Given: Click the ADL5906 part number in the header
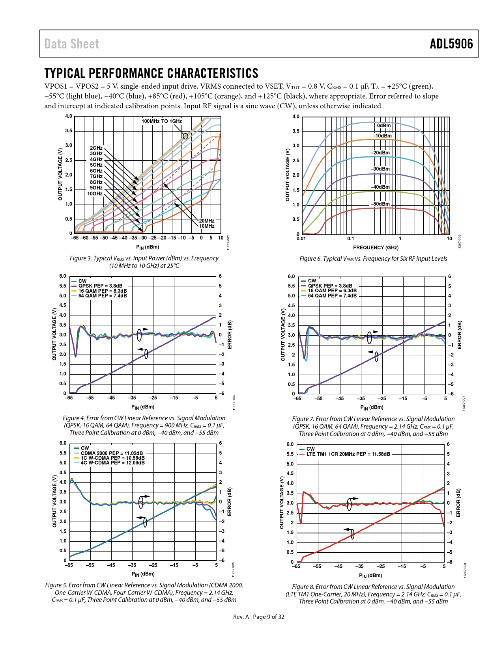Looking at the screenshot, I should click(451, 44).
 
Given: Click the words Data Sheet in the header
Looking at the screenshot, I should click(71, 44).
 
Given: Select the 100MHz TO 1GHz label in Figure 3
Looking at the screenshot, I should click(162, 121).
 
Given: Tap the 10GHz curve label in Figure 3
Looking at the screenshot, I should click(95, 194).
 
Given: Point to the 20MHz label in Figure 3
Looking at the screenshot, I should click(207, 221).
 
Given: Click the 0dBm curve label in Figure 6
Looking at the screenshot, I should click(383, 126).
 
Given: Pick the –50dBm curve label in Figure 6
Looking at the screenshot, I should click(380, 204).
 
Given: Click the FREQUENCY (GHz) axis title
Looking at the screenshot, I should click(376, 248).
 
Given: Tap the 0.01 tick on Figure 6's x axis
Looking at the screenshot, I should click(301, 239).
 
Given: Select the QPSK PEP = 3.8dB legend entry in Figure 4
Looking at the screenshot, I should click(100, 286).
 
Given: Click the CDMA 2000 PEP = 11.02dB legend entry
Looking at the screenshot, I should click(112, 453).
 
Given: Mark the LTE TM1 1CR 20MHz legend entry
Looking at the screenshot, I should click(348, 454).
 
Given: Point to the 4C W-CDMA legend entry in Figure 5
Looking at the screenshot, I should click(112, 463).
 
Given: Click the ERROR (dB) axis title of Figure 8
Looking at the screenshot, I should click(458, 503).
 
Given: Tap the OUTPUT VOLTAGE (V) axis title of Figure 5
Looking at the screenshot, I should click(54, 501).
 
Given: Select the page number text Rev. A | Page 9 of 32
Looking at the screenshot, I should click(258, 617).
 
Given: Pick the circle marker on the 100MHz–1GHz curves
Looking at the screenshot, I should click(185, 136).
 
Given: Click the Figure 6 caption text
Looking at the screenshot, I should click(373, 259).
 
